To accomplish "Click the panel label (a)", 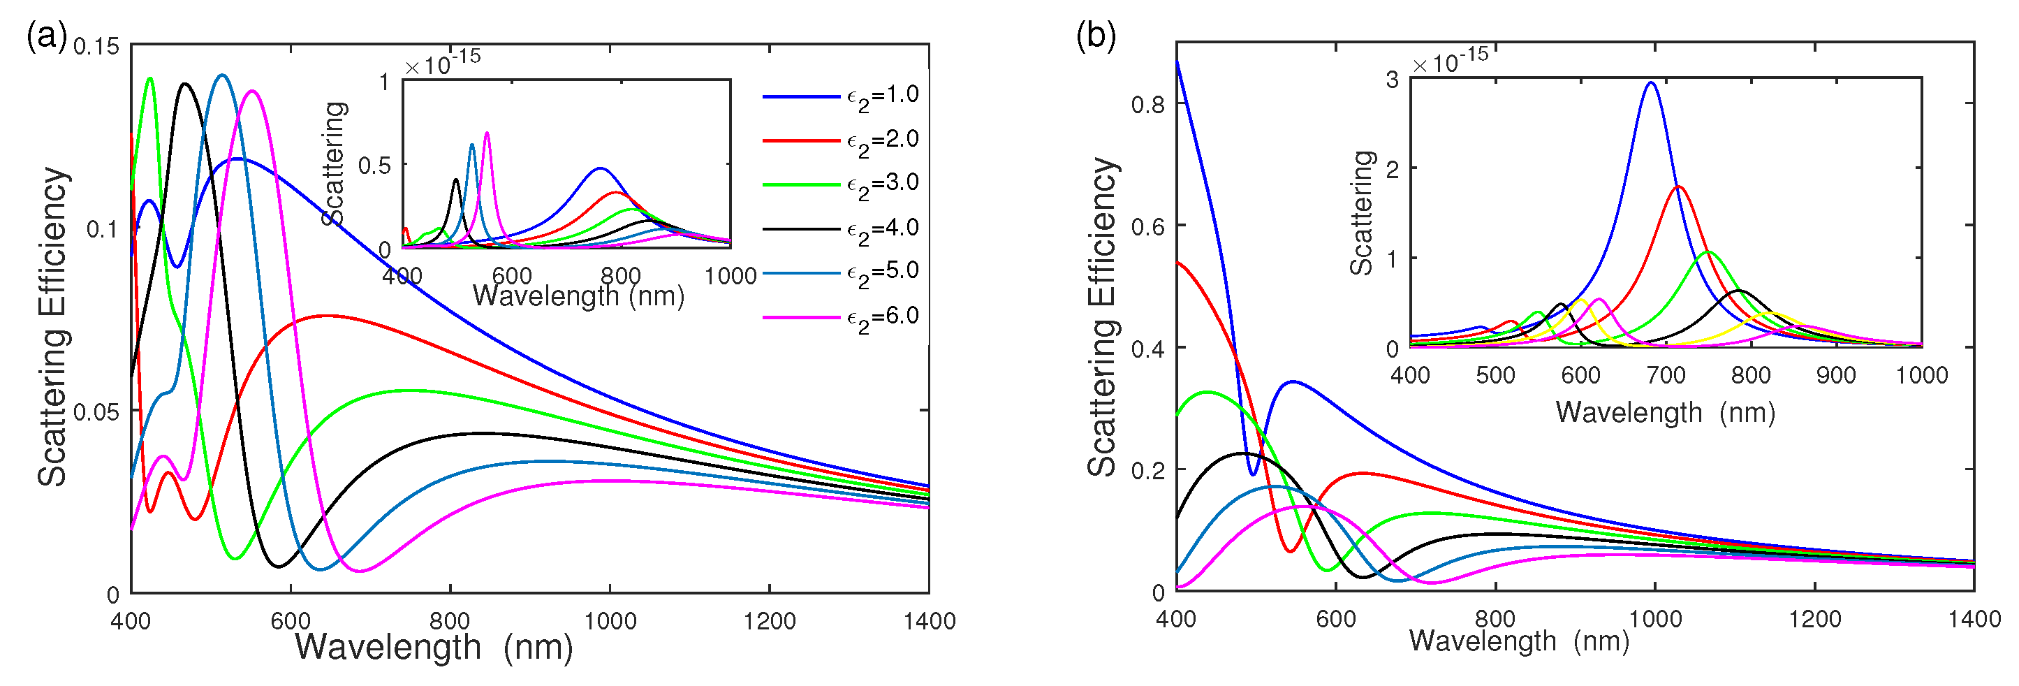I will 46,36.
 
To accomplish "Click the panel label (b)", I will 1096,36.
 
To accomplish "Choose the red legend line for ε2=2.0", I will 801,140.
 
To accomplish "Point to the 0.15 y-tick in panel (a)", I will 96,46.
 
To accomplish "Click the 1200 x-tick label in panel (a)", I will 770,622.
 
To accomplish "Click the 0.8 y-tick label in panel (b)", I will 1147,104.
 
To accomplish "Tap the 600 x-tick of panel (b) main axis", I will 1335,620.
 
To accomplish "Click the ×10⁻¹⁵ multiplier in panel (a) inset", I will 443,63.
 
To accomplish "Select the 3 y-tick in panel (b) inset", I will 1392,79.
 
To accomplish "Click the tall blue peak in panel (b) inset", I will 1652,83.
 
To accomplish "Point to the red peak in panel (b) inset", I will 1679,187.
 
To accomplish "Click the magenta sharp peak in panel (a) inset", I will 487,133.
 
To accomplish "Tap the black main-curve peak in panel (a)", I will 185,84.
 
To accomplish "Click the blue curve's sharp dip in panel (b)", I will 1252,474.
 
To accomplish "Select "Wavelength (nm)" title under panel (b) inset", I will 1666,412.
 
